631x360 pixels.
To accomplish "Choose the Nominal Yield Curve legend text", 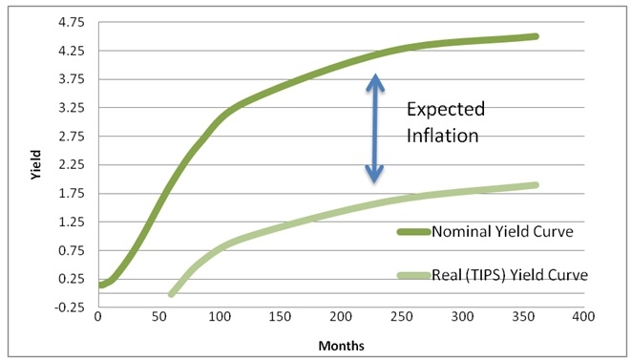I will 507,231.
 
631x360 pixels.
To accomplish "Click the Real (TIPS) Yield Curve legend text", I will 510,275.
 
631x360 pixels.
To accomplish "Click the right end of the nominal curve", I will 536,36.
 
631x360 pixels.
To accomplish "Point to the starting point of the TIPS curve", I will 172,294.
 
